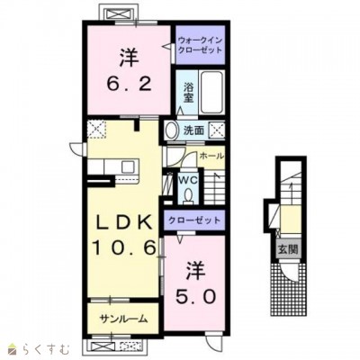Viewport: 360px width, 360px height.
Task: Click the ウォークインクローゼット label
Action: pyautogui.click(x=200, y=45)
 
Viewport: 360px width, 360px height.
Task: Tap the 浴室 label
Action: pyautogui.click(x=188, y=93)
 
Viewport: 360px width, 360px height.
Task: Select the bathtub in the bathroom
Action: pyautogui.click(x=211, y=92)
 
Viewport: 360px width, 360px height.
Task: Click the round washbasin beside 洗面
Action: pyautogui.click(x=171, y=130)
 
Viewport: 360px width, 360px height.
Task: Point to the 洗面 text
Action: pyautogui.click(x=193, y=130)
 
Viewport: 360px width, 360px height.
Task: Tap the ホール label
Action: pyautogui.click(x=211, y=156)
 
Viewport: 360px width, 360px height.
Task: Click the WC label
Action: pyautogui.click(x=188, y=180)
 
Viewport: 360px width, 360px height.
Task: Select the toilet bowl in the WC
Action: pyautogui.click(x=188, y=195)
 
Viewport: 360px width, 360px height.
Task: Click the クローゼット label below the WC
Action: pyautogui.click(x=194, y=220)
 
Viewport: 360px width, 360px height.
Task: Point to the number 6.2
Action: pyautogui.click(x=128, y=84)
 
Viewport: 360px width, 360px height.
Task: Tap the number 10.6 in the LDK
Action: pyautogui.click(x=124, y=248)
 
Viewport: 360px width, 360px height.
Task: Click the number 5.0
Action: pyautogui.click(x=195, y=297)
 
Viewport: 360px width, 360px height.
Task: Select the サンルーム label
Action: pyautogui.click(x=123, y=319)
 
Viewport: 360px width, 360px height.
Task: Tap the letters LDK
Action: pyautogui.click(x=123, y=222)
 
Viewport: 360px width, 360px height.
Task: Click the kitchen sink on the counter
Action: pyautogui.click(x=128, y=166)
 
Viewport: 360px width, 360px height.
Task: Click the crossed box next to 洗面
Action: pyautogui.click(x=217, y=130)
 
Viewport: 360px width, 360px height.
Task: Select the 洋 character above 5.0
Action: pyautogui.click(x=195, y=271)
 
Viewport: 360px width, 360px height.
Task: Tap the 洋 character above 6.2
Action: pyautogui.click(x=129, y=57)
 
